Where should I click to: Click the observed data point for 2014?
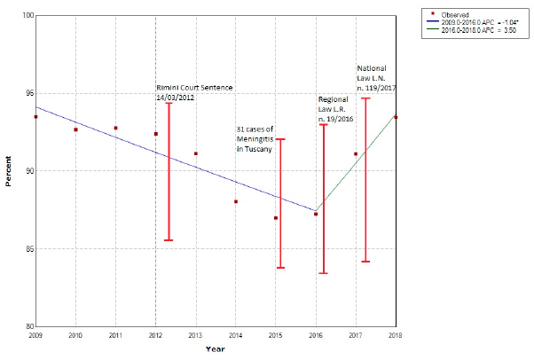pos(236,201)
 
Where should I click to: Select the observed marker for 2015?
pos(276,218)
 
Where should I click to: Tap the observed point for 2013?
pos(196,153)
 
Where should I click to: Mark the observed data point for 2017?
pos(356,153)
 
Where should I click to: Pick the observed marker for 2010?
pos(75,129)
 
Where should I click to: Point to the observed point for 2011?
pos(115,128)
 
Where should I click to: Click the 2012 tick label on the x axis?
pos(155,336)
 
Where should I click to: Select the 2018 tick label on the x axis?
pos(395,336)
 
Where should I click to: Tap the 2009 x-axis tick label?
pos(35,336)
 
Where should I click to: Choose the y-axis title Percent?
pos(9,171)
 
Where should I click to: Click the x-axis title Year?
pos(215,349)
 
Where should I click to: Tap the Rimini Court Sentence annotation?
pos(188,92)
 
